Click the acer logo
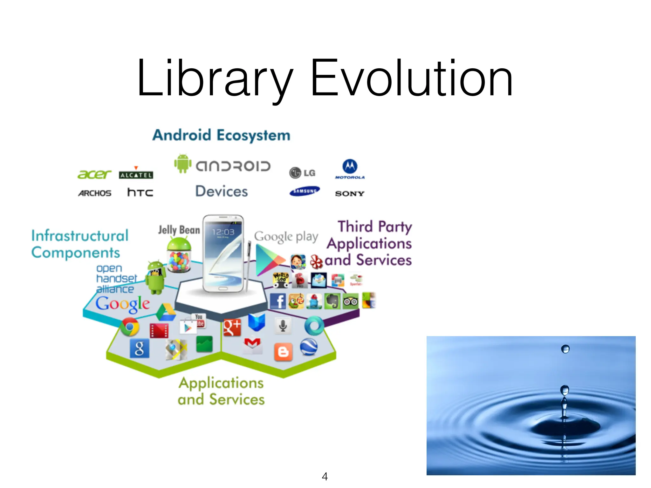pos(94,174)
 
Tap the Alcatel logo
pos(136,174)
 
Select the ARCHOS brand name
pos(95,193)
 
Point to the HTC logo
pos(140,192)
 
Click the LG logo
pos(302,173)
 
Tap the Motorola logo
pos(350,169)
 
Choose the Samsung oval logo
pos(305,191)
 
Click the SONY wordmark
pos(350,193)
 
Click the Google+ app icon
pos(232,327)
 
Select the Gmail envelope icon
pos(252,345)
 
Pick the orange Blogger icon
pos(283,352)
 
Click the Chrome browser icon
pos(130,327)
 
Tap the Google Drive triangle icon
pos(166,312)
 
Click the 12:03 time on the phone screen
pos(223,232)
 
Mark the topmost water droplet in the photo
pos(565,349)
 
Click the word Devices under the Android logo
pos(222,191)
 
